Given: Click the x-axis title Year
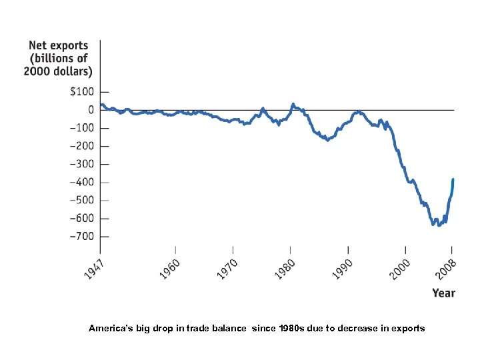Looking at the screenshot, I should coord(443,293).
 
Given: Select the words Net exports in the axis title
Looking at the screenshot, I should coord(59,46).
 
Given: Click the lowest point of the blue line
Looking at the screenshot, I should coord(439,225).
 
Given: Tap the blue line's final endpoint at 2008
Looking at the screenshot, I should coord(453,179).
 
